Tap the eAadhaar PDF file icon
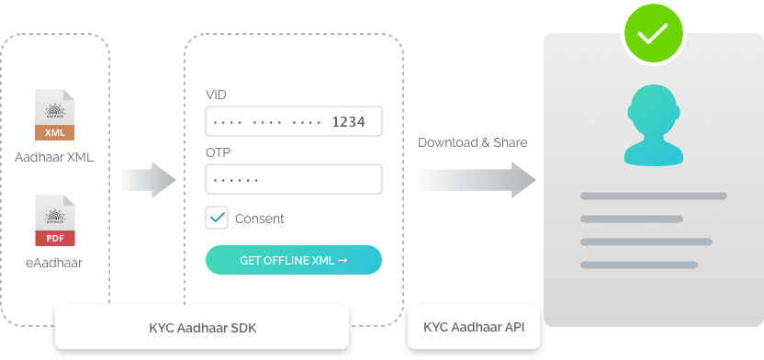(54, 221)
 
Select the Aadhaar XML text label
(54, 157)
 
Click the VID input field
(293, 121)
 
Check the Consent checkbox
(217, 219)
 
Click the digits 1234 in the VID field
(348, 121)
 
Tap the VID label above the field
(216, 96)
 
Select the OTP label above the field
(217, 153)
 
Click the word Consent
(259, 219)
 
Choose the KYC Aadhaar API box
(473, 327)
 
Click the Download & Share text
(473, 142)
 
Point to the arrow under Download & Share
(473, 180)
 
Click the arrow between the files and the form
(147, 180)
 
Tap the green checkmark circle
(654, 34)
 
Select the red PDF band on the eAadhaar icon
(54, 238)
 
